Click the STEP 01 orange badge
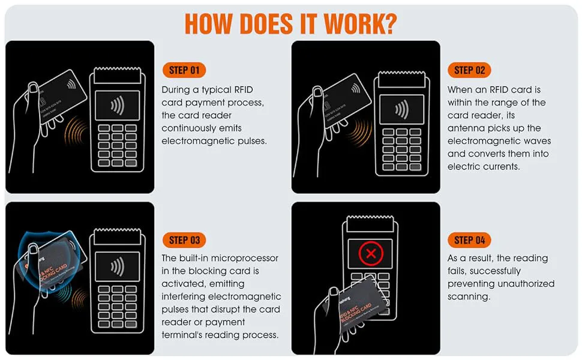184,70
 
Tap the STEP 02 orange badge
469,70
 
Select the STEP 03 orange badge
184,240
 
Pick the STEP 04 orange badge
469,240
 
